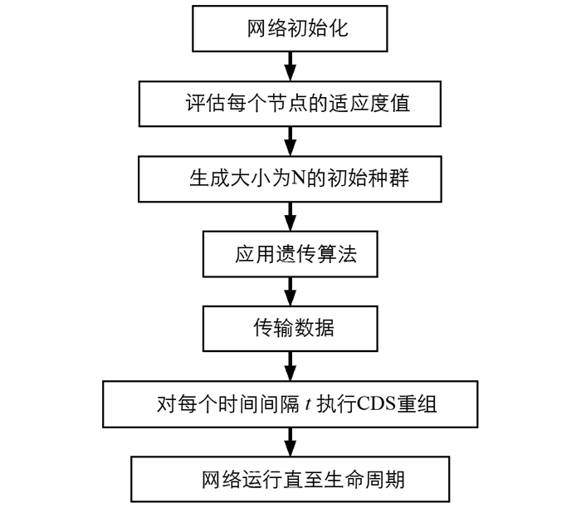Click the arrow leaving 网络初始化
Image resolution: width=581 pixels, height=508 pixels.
[290, 66]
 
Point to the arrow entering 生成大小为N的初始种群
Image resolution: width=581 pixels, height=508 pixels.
[290, 142]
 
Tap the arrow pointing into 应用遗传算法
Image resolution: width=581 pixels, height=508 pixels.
[290, 217]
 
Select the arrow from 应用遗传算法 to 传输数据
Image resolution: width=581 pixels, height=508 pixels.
[290, 291]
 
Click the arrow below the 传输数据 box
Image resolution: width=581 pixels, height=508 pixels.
[290, 366]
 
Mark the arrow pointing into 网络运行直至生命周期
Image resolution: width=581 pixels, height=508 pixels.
[290, 442]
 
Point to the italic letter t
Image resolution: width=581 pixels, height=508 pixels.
[308, 404]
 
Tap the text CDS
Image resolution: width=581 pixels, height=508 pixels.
[376, 404]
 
